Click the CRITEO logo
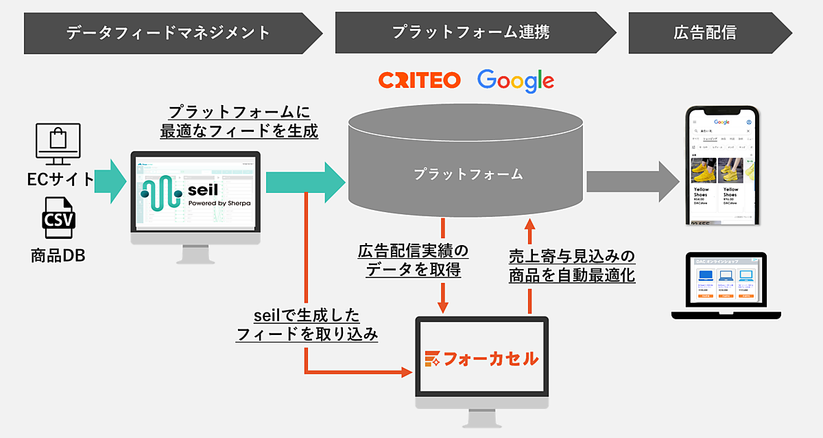pos(419,80)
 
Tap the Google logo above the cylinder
pos(516,80)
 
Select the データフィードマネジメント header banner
pos(168,32)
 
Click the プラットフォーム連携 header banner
pos(470,32)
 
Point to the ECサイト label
pos(60,179)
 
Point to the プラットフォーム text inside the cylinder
pos(468,174)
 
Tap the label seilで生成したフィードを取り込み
pos(307,325)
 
